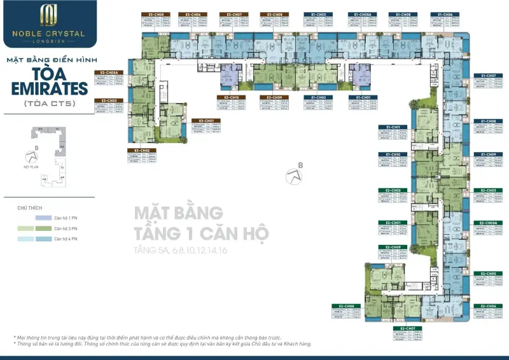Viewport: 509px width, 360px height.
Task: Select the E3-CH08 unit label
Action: (x=275, y=14)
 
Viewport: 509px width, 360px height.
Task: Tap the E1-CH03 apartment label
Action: (x=319, y=14)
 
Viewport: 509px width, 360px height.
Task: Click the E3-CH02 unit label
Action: (x=142, y=150)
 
